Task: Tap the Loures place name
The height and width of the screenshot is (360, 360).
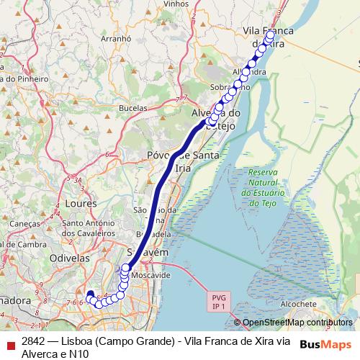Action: [x=81, y=204]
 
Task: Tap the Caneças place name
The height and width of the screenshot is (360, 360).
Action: [x=25, y=224]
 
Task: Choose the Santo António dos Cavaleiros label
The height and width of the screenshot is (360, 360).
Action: [x=89, y=228]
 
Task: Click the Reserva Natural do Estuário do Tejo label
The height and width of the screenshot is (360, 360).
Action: [x=268, y=188]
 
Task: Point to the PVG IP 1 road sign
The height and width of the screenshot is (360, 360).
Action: [x=219, y=301]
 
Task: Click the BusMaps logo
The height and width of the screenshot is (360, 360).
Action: [x=325, y=344]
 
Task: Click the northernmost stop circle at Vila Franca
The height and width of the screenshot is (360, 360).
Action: [x=269, y=34]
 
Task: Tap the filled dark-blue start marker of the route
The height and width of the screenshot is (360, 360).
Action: [x=90, y=294]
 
